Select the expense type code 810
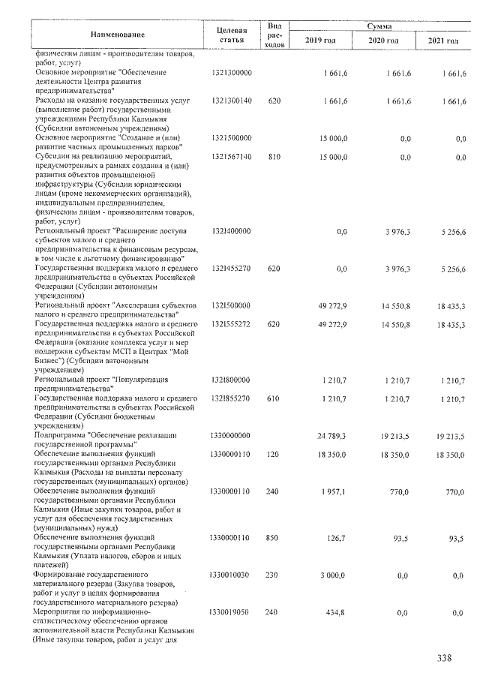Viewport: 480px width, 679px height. (274, 157)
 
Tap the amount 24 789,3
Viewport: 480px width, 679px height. (331, 436)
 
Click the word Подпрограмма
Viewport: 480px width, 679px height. (59, 436)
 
